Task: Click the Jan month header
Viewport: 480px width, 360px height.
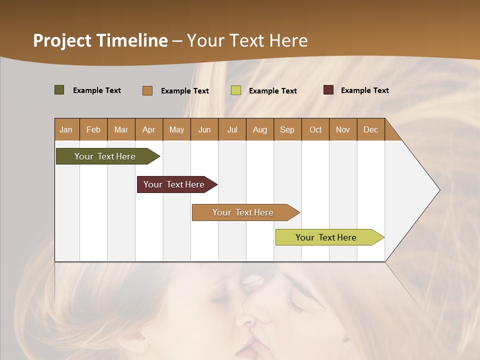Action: [x=66, y=129]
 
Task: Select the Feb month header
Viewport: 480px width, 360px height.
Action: [x=93, y=129]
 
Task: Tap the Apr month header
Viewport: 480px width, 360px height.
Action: [x=148, y=129]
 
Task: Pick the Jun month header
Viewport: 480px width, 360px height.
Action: [x=204, y=129]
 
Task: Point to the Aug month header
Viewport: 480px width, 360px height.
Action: [x=259, y=129]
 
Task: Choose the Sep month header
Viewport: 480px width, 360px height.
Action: [x=287, y=129]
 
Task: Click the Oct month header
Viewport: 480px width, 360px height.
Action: [x=315, y=129]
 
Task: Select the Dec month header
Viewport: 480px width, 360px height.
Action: [x=370, y=129]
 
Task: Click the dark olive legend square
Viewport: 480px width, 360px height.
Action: [x=59, y=90]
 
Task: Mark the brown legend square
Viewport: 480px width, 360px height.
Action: [x=147, y=90]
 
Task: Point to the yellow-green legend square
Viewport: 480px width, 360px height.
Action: [x=236, y=90]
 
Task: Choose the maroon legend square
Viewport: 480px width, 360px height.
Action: [x=328, y=90]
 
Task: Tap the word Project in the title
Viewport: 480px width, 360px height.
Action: [x=62, y=40]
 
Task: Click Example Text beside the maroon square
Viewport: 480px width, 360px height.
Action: [x=364, y=90]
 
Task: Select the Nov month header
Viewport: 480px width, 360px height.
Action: [x=342, y=129]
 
